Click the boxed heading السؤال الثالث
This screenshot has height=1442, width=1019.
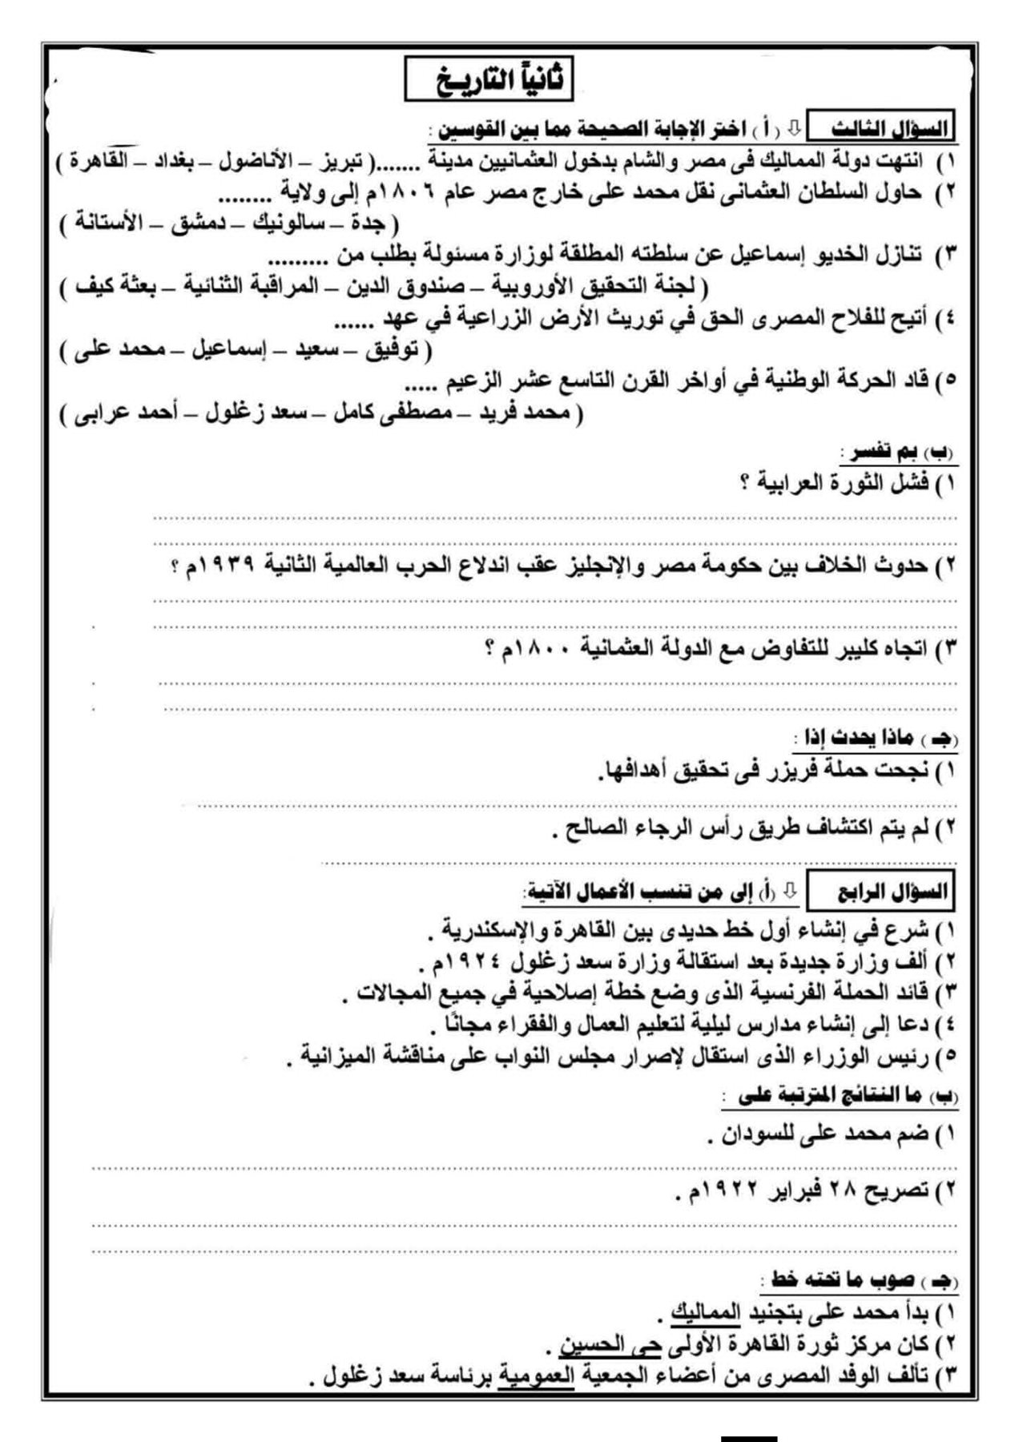click(890, 129)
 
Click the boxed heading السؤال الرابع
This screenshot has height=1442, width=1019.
click(892, 892)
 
